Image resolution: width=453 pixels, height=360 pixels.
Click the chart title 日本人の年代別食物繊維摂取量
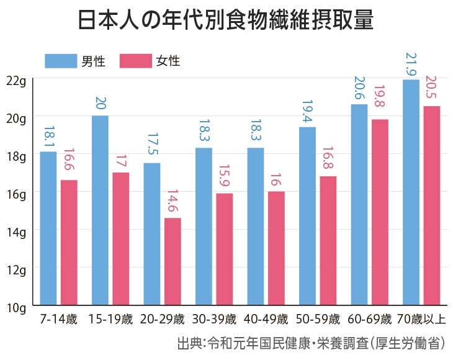226,21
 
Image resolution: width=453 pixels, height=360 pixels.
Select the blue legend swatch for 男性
60,61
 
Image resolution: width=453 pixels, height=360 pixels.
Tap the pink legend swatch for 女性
135,61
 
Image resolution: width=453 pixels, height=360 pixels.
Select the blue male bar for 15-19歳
100,211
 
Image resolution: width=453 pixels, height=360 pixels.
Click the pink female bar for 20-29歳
173,262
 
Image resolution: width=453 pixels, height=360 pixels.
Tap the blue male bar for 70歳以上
411,192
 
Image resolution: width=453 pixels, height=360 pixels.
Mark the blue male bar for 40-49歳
255,227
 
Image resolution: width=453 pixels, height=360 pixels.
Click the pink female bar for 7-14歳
69,243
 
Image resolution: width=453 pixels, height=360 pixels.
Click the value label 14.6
172,202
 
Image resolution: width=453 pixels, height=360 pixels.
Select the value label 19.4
307,112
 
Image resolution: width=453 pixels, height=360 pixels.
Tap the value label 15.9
224,177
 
